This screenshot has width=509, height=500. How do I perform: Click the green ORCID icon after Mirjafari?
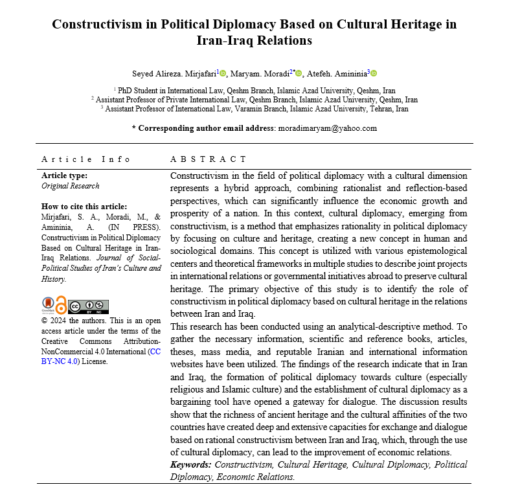(223, 74)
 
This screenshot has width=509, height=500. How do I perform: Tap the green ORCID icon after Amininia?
(374, 74)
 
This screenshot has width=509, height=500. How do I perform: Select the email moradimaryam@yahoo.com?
(327, 128)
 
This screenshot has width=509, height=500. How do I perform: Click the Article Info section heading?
(85, 159)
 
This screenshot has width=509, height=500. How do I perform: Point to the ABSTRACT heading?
(208, 159)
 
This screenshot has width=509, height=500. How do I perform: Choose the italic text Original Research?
(71, 186)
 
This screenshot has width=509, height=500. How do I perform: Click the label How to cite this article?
(84, 207)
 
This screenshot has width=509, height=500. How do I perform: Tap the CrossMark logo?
(48, 306)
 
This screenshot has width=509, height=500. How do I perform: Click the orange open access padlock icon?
(61, 305)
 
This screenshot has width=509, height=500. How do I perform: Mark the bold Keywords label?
(190, 465)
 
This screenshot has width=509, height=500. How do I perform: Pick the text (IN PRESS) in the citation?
(126, 228)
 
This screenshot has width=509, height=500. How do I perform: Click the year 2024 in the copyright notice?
(59, 321)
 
